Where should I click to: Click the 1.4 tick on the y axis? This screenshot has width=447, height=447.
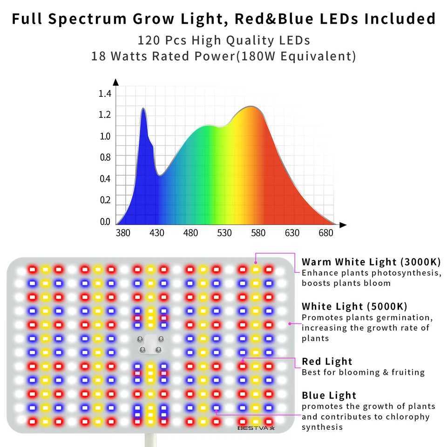click(x=105, y=94)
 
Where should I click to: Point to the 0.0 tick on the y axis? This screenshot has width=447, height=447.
click(x=105, y=222)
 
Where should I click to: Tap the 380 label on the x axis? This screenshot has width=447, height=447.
click(x=123, y=233)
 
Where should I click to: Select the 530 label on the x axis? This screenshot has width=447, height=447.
click(x=224, y=233)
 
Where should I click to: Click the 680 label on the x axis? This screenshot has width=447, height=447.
click(x=325, y=233)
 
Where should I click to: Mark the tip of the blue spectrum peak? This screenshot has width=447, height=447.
click(x=143, y=108)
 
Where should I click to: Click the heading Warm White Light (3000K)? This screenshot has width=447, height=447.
click(x=371, y=262)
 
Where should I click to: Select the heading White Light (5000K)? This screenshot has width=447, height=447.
click(x=354, y=306)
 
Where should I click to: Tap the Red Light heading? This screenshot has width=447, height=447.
click(x=327, y=361)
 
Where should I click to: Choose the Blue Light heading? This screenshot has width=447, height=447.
click(x=329, y=395)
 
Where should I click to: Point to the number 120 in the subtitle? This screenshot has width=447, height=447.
click(x=147, y=41)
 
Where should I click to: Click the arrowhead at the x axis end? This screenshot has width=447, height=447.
click(x=343, y=225)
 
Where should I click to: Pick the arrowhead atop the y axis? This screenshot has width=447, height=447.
click(x=116, y=82)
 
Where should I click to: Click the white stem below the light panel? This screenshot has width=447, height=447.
click(x=150, y=440)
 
